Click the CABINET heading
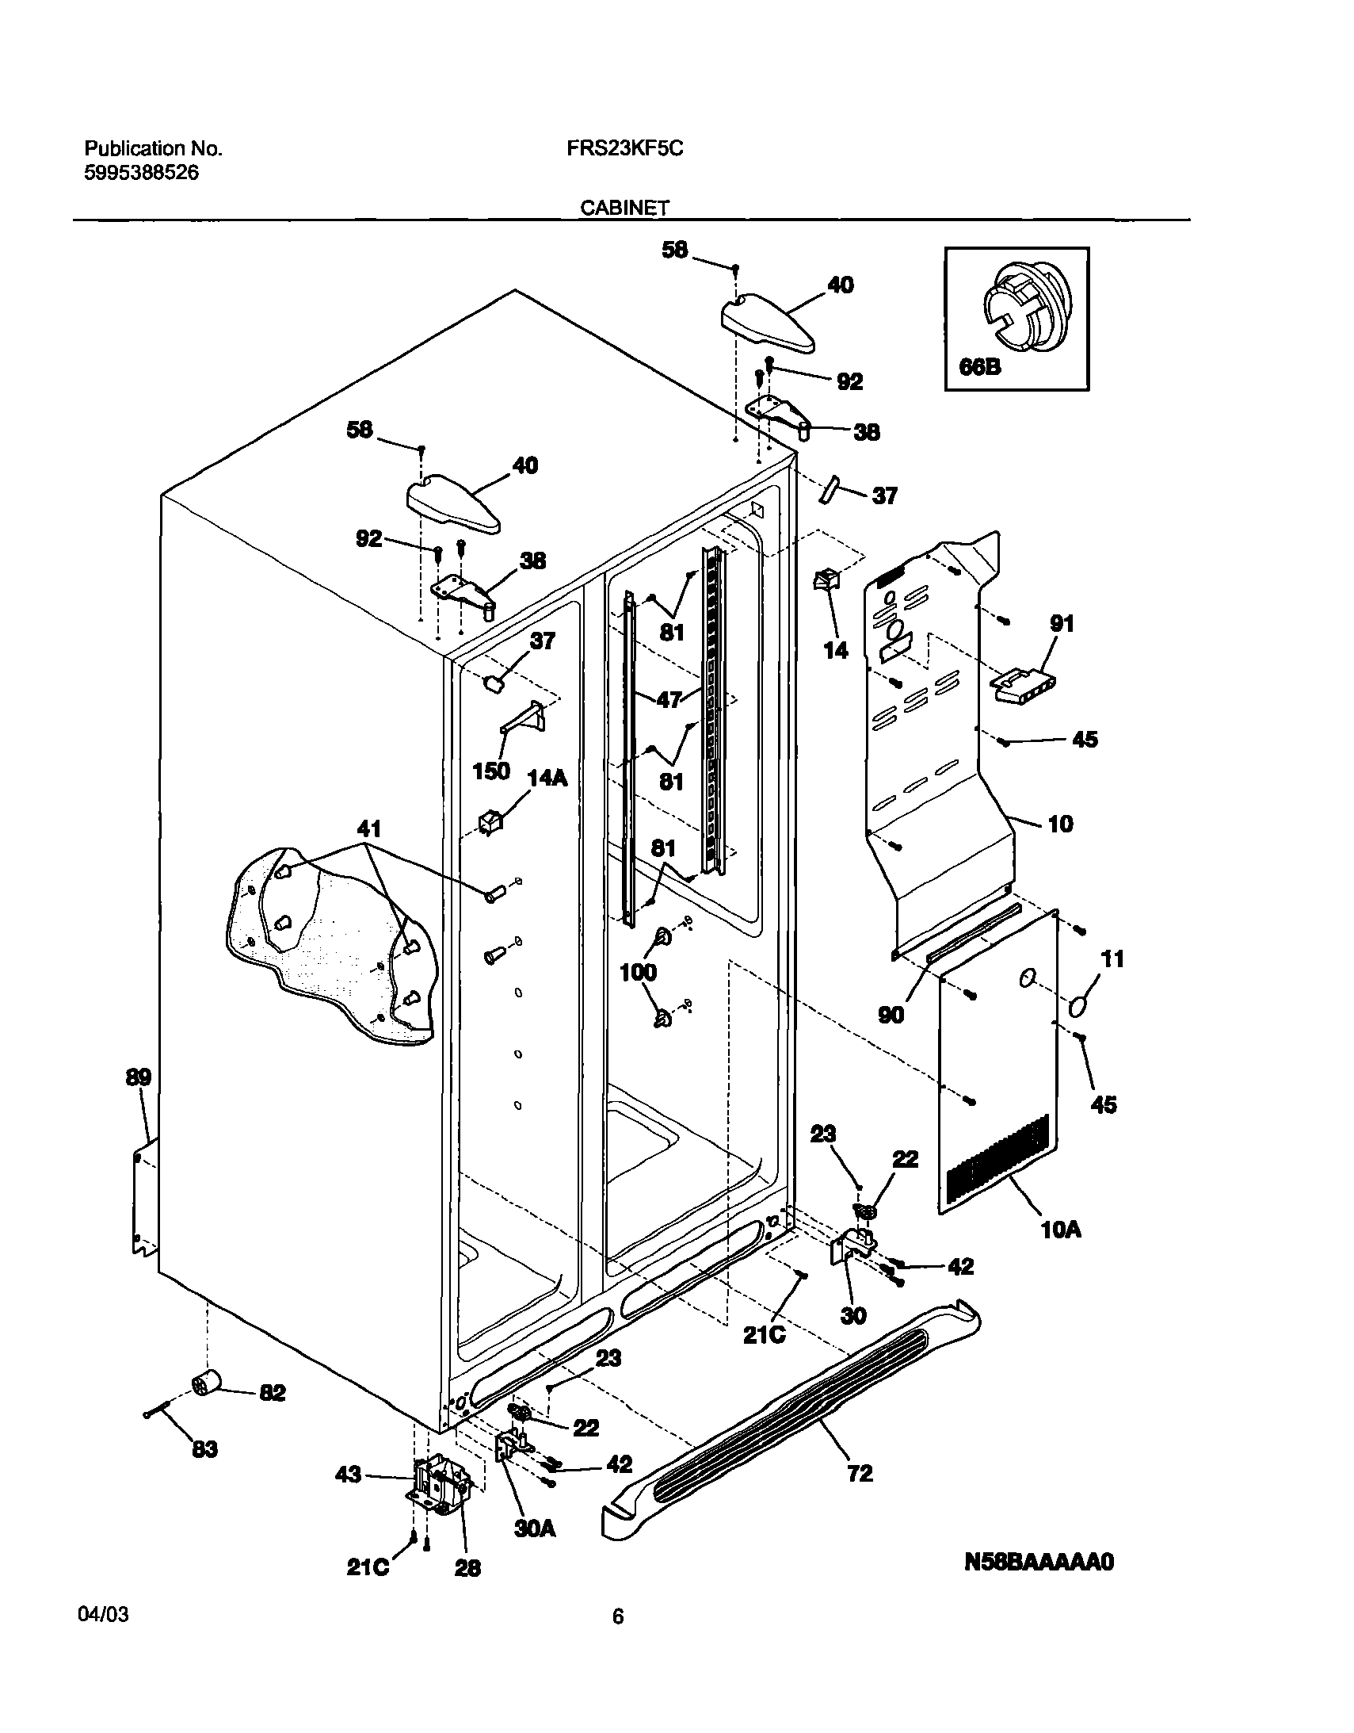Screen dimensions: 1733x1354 point(624,208)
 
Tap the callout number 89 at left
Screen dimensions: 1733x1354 point(138,1077)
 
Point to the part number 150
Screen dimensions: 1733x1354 point(491,771)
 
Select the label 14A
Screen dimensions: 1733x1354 point(547,778)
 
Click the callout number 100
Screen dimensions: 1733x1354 point(638,972)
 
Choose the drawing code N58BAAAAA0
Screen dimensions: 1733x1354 point(1039,1562)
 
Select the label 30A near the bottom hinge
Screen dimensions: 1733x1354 point(535,1528)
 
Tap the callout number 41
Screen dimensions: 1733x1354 point(369,829)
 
